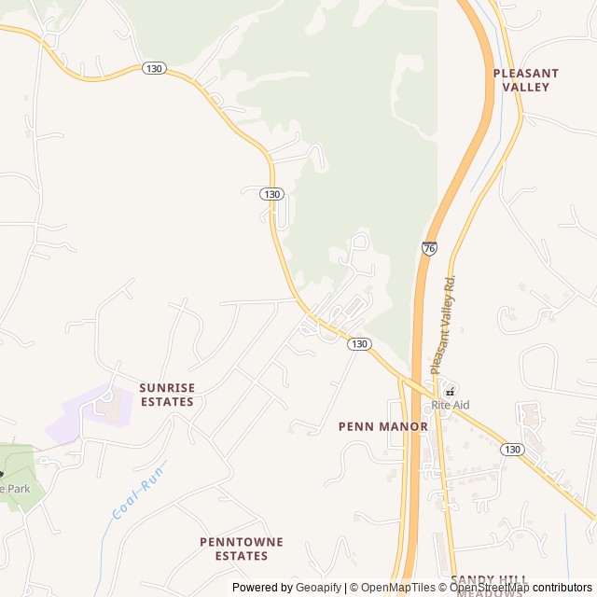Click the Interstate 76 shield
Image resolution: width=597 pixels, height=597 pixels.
click(429, 248)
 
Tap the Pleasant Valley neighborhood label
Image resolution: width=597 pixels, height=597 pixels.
click(526, 79)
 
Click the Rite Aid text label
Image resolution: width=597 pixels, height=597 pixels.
click(450, 406)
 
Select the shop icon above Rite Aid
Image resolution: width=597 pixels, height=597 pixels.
click(449, 391)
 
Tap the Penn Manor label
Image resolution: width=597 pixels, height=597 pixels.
click(382, 427)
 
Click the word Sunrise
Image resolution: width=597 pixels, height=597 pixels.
click(167, 387)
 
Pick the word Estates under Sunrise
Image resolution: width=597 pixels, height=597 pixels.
click(167, 402)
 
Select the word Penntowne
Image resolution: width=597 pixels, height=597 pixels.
click(241, 541)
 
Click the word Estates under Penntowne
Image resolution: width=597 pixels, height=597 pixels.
click(241, 556)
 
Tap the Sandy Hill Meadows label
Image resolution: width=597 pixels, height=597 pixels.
click(489, 581)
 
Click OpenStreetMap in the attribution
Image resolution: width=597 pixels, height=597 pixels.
click(491, 588)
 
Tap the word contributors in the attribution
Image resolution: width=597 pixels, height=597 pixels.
click(562, 588)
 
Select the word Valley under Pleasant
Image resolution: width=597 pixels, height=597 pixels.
click(526, 87)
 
